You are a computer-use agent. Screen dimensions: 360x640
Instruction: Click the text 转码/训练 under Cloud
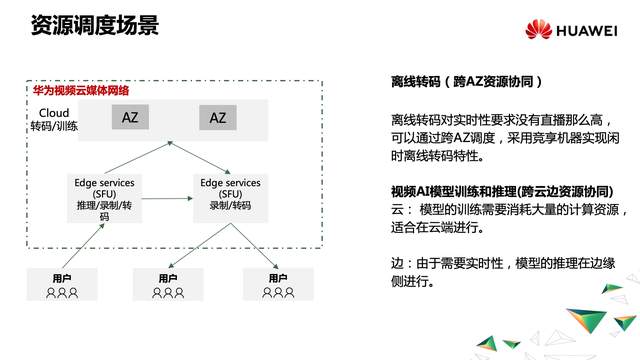pyautogui.click(x=54, y=127)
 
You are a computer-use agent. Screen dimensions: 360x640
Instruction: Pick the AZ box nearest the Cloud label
pyautogui.click(x=130, y=118)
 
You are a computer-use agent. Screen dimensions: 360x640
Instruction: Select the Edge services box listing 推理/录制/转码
pyautogui.click(x=105, y=198)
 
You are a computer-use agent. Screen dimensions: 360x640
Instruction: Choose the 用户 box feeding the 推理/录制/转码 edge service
pyautogui.click(x=63, y=284)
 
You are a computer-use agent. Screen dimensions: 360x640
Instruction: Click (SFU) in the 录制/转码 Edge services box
pyautogui.click(x=231, y=193)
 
